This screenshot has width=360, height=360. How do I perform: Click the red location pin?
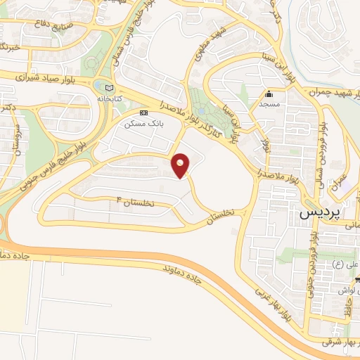pos(181,165)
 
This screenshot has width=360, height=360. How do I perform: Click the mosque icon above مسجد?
pos(268,94)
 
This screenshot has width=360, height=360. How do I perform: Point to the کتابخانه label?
pos(108,100)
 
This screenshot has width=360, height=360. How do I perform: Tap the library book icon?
pos(108,88)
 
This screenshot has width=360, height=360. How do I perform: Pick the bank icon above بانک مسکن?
pos(144,112)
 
